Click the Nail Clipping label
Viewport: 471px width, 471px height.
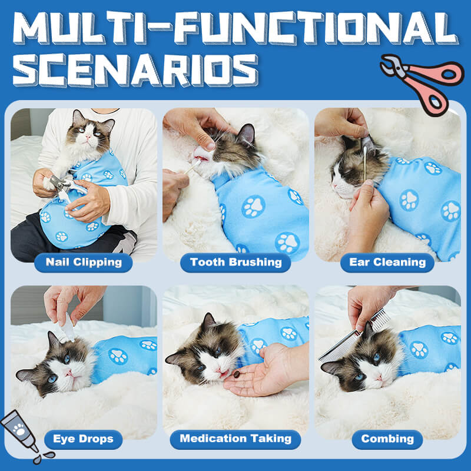click(x=84, y=262)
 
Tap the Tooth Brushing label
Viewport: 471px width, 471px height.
click(x=235, y=262)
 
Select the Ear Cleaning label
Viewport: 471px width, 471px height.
click(x=387, y=262)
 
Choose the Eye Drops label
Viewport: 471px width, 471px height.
click(x=83, y=439)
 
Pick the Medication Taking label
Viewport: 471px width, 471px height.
click(x=235, y=439)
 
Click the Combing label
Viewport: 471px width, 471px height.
click(x=387, y=439)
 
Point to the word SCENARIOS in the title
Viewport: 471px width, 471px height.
click(x=135, y=70)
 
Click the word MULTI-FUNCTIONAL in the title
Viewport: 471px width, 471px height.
click(x=235, y=28)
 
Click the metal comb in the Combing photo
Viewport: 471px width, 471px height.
click(x=354, y=335)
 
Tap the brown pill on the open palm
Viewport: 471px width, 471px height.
click(x=237, y=374)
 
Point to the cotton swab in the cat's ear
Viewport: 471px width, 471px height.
click(x=365, y=164)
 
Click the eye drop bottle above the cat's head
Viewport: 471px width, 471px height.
click(x=67, y=327)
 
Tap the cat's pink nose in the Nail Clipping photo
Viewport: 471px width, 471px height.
click(x=88, y=137)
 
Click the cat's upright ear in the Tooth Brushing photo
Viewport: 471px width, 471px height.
click(x=246, y=134)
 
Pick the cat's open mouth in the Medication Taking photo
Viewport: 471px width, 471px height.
click(x=224, y=374)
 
